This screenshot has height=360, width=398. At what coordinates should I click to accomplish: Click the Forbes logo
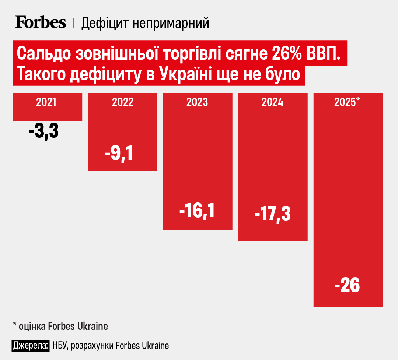coord(41,23)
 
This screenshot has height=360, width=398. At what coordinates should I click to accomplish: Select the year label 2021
coord(46,102)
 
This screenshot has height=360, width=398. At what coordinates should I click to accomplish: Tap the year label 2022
coord(123,102)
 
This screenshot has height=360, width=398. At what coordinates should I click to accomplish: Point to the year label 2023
coord(197,102)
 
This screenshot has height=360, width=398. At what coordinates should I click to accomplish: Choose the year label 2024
coord(273,102)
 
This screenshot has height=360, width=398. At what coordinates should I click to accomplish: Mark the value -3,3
coord(44,132)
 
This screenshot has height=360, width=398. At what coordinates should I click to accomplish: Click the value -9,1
coord(119,154)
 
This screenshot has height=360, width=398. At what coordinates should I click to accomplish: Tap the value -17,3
coord(273,214)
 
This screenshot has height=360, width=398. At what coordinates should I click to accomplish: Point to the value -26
coord(347,286)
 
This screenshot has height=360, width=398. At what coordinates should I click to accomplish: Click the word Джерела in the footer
coord(31,346)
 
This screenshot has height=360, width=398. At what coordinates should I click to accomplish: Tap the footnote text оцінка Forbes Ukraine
coord(63,326)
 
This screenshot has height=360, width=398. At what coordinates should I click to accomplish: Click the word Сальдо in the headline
coord(43,54)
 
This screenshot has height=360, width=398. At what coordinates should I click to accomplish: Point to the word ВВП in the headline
coord(324,54)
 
